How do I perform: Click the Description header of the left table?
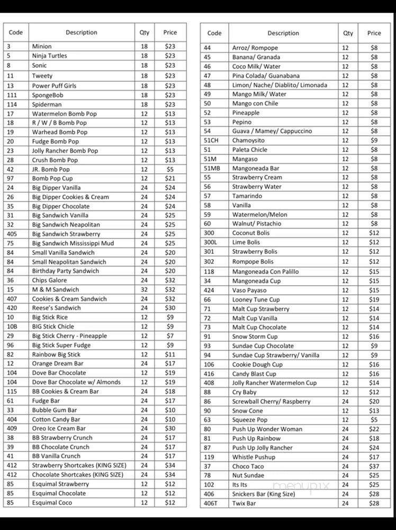[82, 32]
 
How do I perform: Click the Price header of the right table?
[374, 33]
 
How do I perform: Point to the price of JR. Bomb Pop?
[169, 169]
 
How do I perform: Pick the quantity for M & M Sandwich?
[144, 289]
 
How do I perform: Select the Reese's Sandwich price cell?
[169, 308]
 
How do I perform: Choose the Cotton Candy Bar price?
[169, 419]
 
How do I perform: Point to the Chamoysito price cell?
[374, 140]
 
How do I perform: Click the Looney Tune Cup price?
[374, 299]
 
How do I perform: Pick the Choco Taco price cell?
[374, 466]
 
